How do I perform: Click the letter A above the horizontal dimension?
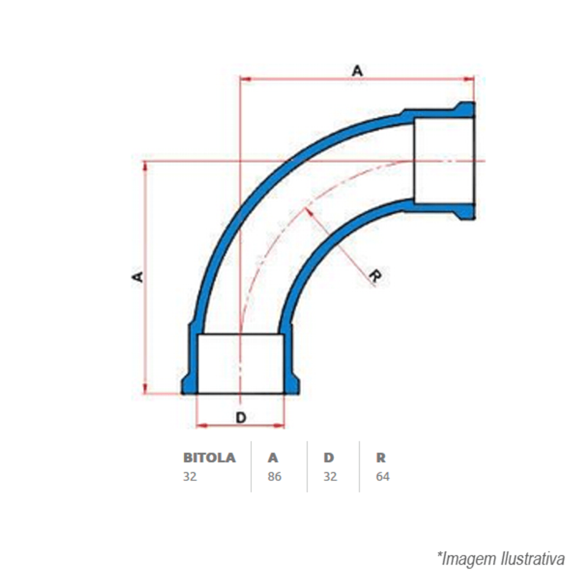(x=357, y=71)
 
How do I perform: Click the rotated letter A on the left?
(x=137, y=276)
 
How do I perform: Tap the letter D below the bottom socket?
(x=241, y=417)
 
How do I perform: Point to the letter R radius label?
(x=375, y=277)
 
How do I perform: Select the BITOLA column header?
(x=209, y=458)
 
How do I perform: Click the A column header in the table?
(x=273, y=458)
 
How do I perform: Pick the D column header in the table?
(x=329, y=458)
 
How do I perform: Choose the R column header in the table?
(x=380, y=458)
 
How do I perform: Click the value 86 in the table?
(x=274, y=477)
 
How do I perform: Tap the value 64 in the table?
(x=383, y=477)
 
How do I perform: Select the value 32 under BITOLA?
(x=190, y=477)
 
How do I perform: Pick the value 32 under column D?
(x=330, y=477)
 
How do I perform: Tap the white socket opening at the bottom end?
(x=241, y=364)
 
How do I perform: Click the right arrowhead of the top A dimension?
(x=470, y=79)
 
